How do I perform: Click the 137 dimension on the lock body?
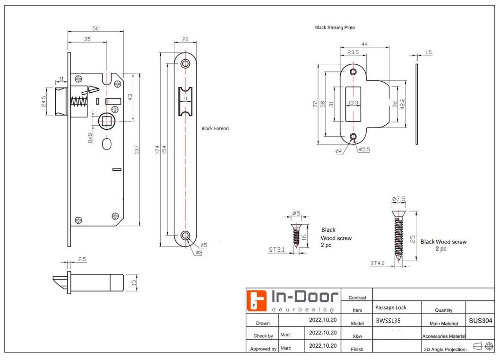pyautogui.click(x=136, y=149)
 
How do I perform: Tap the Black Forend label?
pyautogui.click(x=215, y=128)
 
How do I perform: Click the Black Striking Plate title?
pyautogui.click(x=335, y=28)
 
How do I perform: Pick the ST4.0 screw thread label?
pyautogui.click(x=379, y=263)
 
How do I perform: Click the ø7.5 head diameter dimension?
pyautogui.click(x=399, y=199)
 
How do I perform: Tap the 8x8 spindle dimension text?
pyautogui.click(x=90, y=138)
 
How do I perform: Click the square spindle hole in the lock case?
pyautogui.click(x=107, y=120)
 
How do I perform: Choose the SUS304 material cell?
pyautogui.click(x=481, y=321)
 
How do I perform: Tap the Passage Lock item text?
pyautogui.click(x=390, y=307)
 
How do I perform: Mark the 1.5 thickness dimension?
pyautogui.click(x=428, y=53)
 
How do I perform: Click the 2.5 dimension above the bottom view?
pyautogui.click(x=81, y=259)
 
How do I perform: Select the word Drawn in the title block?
pyautogui.click(x=262, y=323)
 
